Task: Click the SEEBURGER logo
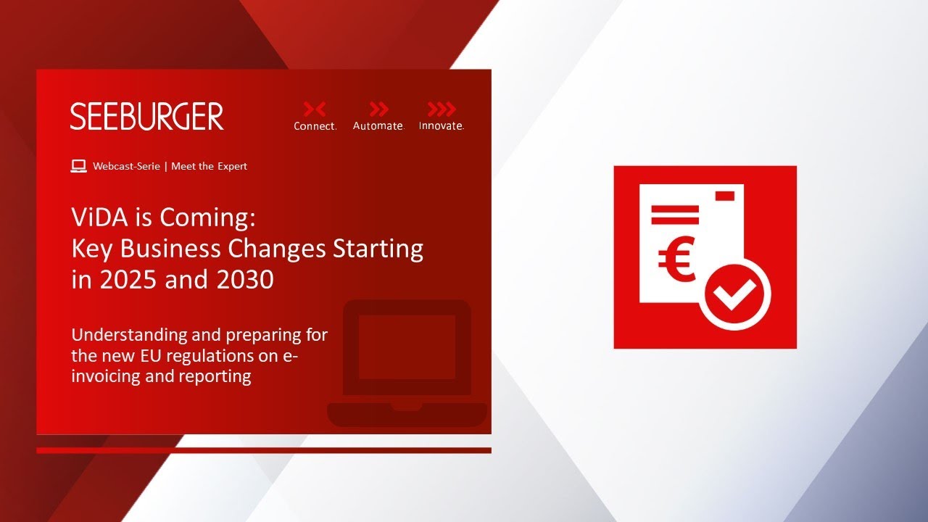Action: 146,117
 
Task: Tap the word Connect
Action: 315,126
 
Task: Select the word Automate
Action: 378,126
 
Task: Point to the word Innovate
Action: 442,126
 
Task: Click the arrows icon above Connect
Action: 315,109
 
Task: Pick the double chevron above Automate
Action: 378,109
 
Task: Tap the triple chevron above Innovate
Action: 442,109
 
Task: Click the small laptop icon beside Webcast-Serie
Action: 79,166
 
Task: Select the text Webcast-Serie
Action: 126,166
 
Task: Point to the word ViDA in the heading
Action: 100,217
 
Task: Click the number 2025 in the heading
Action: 128,279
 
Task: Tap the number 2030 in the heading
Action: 245,279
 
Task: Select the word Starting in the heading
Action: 378,249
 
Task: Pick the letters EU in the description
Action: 151,355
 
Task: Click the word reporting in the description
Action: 215,377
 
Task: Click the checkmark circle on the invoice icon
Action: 734,294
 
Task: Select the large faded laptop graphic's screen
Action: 407,347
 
